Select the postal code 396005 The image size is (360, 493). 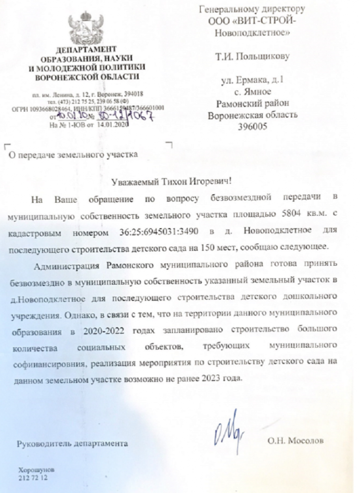click(252, 127)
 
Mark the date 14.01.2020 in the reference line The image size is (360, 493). click(114, 124)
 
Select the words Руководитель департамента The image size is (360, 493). click(73, 441)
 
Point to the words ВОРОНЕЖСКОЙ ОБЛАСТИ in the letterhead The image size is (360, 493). click(89, 77)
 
